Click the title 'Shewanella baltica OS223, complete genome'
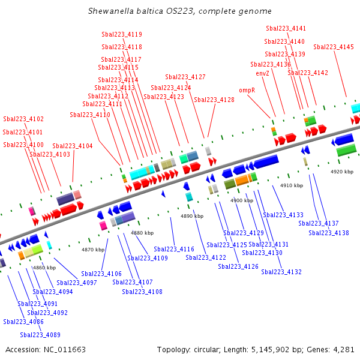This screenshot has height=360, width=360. click(x=179, y=11)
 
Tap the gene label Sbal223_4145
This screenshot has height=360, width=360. click(x=334, y=47)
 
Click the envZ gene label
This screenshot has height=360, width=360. click(x=262, y=73)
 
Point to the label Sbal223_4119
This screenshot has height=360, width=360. click(x=122, y=34)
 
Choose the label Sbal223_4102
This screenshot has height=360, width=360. click(x=23, y=119)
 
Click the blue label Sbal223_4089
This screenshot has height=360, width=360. click(x=40, y=335)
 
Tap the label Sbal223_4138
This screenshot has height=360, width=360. click(x=329, y=233)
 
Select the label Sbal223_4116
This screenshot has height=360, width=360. click(x=174, y=249)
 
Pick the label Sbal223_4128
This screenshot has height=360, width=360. click(x=214, y=100)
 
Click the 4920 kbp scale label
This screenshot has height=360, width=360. click(x=342, y=172)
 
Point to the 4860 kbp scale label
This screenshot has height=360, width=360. click(x=44, y=268)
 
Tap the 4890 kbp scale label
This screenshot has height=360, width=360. click(x=191, y=216)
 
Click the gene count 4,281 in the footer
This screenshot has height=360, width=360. click(x=343, y=349)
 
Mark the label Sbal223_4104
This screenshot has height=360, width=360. click(x=73, y=146)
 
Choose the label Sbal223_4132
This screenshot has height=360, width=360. click(x=281, y=272)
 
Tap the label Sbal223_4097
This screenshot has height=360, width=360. click(x=77, y=283)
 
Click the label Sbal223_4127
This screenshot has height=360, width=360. click(x=185, y=77)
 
